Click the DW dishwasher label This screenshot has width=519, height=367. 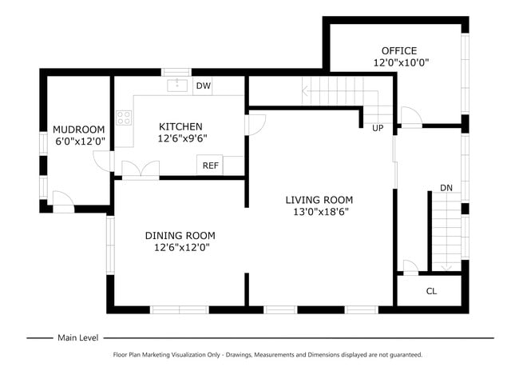coord(204,86)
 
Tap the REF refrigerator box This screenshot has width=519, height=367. coord(210,165)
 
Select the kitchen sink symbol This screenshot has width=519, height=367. coord(177,86)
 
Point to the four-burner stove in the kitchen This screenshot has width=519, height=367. coord(124,118)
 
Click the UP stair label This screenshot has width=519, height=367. coord(378,128)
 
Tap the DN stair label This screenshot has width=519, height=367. coord(446,188)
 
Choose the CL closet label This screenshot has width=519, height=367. coord(431,291)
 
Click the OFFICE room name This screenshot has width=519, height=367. coord(399,50)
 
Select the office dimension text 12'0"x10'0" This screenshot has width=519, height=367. coord(401,62)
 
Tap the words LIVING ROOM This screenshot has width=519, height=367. coord(319,200)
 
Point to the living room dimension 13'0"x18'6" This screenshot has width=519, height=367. coord(321,212)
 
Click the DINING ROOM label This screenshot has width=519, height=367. coord(180,236)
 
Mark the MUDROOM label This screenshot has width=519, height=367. coord(79,130)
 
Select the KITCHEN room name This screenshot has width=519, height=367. coord(180,126)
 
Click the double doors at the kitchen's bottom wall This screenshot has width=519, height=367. coord(141,170)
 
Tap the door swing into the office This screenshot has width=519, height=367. coord(411,117)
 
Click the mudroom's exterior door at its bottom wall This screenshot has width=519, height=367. coord(64,201)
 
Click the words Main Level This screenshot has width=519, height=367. coord(78,338)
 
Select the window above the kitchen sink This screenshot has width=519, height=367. coord(176,72)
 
